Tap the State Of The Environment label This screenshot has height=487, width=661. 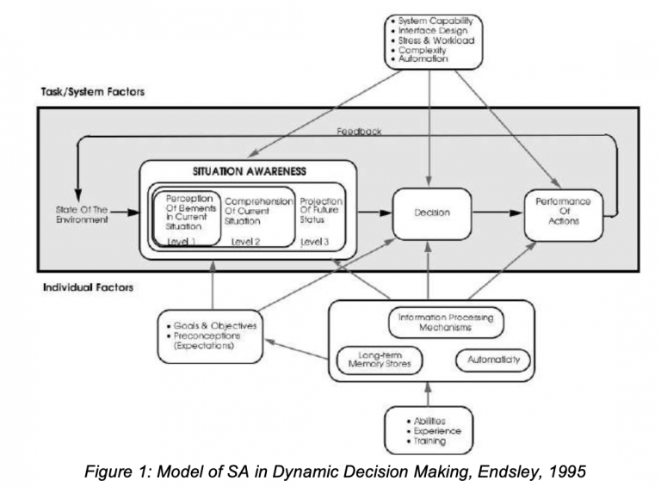(x=83, y=213)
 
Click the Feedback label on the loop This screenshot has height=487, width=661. (x=359, y=133)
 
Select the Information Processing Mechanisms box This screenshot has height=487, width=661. (x=446, y=323)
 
